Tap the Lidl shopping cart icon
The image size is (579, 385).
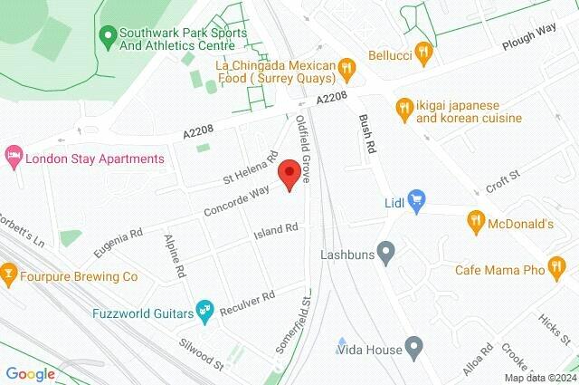point(416,200)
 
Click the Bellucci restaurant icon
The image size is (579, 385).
point(421,53)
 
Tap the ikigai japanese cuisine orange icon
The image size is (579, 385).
point(403,110)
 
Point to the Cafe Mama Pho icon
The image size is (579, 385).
point(555,270)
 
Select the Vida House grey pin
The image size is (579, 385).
point(414,345)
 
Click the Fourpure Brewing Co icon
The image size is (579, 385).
point(9,270)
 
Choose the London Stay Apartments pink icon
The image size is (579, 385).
point(13,157)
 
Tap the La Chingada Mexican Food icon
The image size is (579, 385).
point(346,66)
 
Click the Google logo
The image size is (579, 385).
point(30,373)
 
